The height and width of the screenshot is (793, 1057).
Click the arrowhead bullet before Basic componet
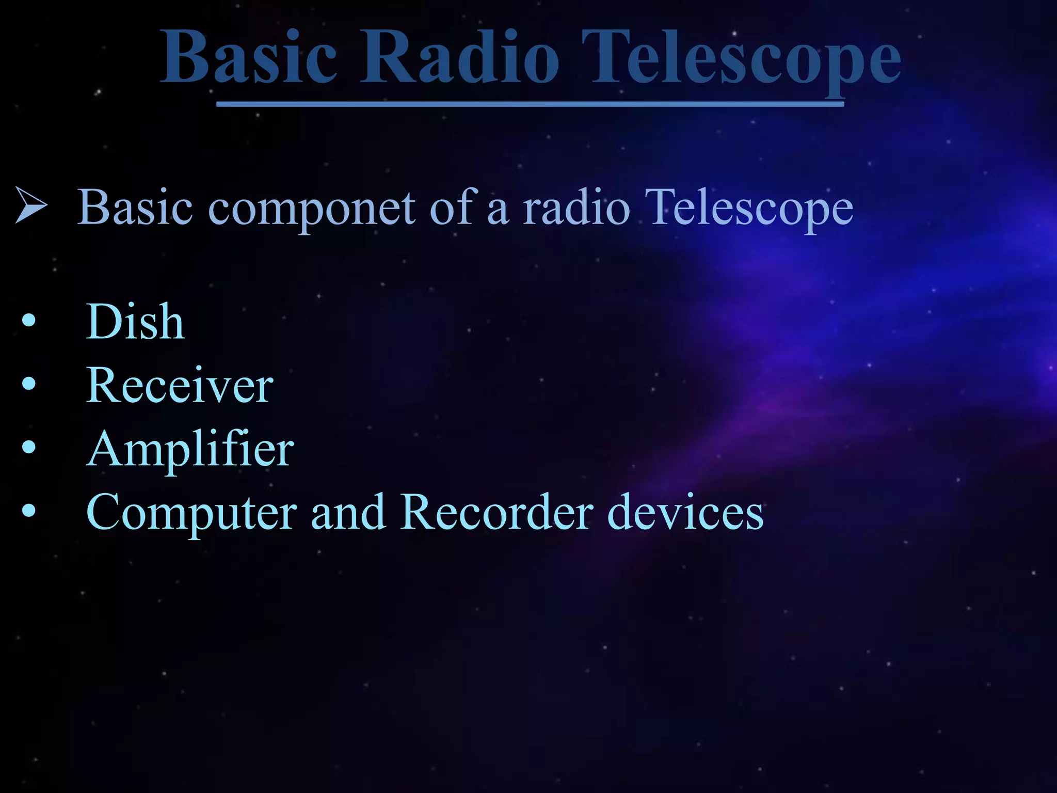point(31,205)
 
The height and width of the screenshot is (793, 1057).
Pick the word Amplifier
point(190,449)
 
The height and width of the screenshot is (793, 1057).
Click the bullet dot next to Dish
point(29,321)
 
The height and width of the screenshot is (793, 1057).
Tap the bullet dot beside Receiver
point(29,384)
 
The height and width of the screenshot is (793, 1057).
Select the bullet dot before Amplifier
point(29,447)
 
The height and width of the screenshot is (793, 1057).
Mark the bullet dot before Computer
point(29,511)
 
